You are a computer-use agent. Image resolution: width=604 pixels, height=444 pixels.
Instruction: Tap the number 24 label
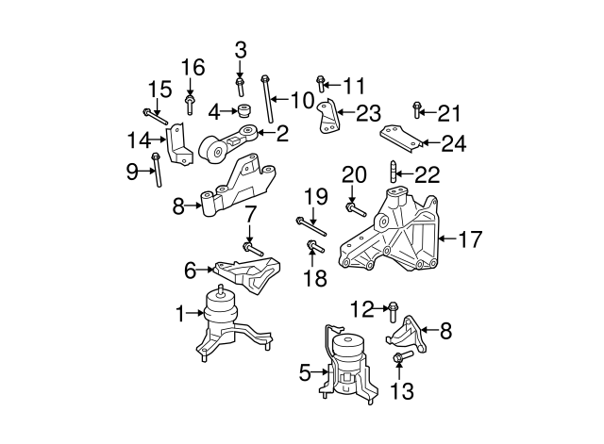454,144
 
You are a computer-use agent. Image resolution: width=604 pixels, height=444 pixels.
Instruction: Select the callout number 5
305,374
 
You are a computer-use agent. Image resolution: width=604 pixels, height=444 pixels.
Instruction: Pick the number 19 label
314,197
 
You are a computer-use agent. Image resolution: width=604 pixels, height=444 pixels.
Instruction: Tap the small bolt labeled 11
322,85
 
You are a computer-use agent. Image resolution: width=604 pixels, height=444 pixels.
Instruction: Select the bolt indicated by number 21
416,115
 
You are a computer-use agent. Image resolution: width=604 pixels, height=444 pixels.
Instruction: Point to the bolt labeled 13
399,359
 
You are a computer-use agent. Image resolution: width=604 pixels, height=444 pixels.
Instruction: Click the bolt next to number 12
394,309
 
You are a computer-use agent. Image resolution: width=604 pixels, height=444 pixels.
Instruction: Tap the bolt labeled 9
157,171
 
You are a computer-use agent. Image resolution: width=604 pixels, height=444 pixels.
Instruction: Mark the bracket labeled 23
329,119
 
